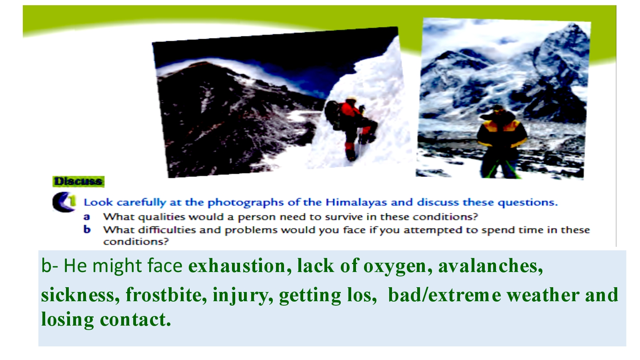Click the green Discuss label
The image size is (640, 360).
tap(78, 182)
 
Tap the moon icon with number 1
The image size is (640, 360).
tap(64, 202)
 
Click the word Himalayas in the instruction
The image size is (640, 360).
tap(356, 202)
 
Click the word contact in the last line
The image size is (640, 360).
tap(136, 319)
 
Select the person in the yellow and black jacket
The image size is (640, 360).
tap(501, 142)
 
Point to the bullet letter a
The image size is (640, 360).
tap(86, 217)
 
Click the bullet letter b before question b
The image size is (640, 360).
tap(87, 230)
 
